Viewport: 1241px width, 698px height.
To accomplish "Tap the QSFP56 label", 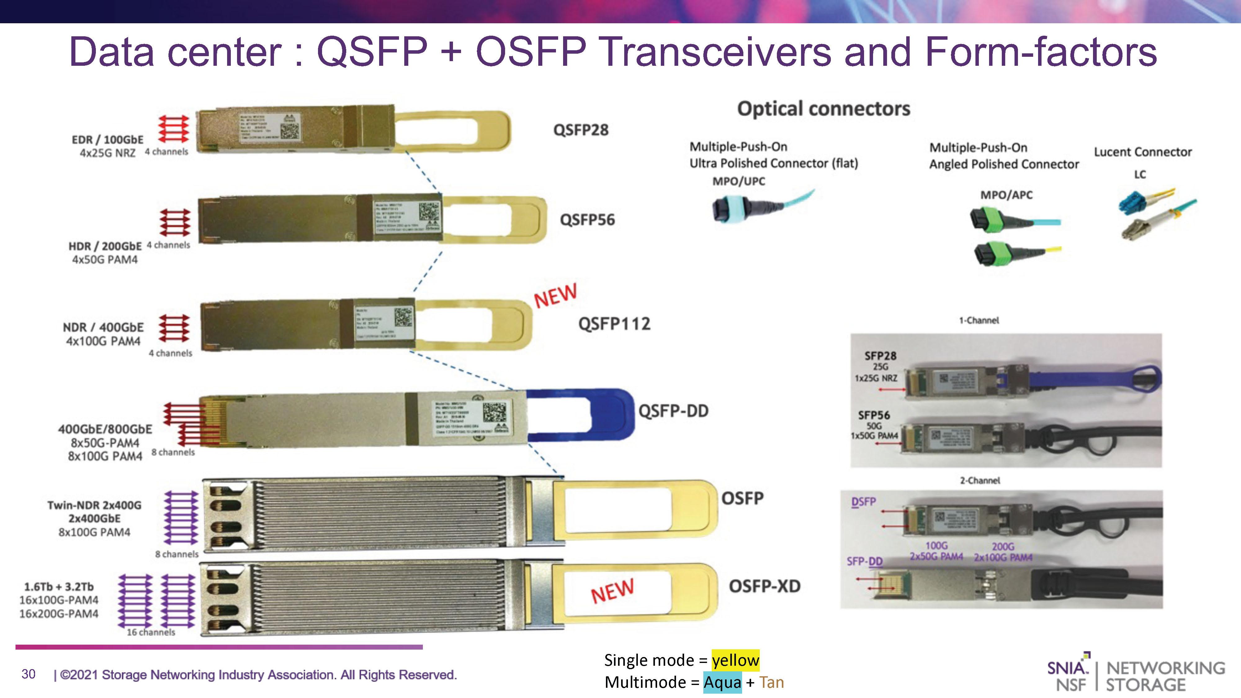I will tap(587, 220).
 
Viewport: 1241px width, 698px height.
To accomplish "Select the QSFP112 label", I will tap(614, 324).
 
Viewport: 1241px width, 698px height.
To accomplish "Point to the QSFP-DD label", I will tap(673, 411).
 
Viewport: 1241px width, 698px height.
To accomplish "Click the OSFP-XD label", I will tap(764, 587).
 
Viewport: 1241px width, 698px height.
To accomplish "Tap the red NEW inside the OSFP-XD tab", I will tap(612, 591).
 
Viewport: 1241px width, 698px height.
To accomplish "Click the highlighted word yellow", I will tap(735, 660).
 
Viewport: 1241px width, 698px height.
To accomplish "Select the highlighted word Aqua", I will tap(722, 682).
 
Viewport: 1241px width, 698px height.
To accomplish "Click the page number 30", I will tap(29, 674).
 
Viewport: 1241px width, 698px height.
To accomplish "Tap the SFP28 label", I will tap(880, 356).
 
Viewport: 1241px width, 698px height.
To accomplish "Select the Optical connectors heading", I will tap(823, 109).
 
